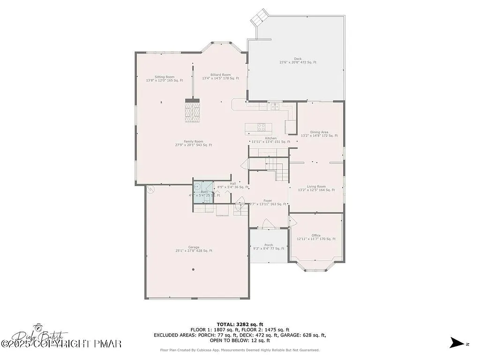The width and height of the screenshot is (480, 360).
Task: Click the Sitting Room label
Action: coord(165,77)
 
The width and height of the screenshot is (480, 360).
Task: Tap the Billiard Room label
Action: coord(220,75)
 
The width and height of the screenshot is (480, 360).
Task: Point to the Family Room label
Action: coord(193,142)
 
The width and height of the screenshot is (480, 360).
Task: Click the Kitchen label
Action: coord(271,138)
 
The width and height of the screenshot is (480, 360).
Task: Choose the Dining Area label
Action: coord(319,132)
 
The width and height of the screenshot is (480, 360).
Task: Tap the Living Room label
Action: coord(316,187)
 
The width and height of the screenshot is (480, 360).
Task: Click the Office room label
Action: coord(316,235)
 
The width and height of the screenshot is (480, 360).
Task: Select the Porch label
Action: coord(269,245)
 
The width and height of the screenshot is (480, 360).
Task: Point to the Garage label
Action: coord(194,247)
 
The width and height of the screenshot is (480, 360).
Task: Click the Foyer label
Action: coord(268,200)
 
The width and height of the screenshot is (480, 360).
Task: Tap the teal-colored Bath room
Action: coord(203,191)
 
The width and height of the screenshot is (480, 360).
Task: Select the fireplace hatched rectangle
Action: coord(192,112)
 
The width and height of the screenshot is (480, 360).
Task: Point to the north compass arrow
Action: coord(456,343)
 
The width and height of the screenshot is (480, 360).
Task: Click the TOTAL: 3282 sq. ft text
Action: coord(240,324)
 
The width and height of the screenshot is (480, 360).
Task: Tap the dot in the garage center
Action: coord(193,270)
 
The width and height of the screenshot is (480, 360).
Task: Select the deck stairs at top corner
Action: coord(259,19)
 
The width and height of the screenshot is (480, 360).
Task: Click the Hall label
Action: coord(233,183)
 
